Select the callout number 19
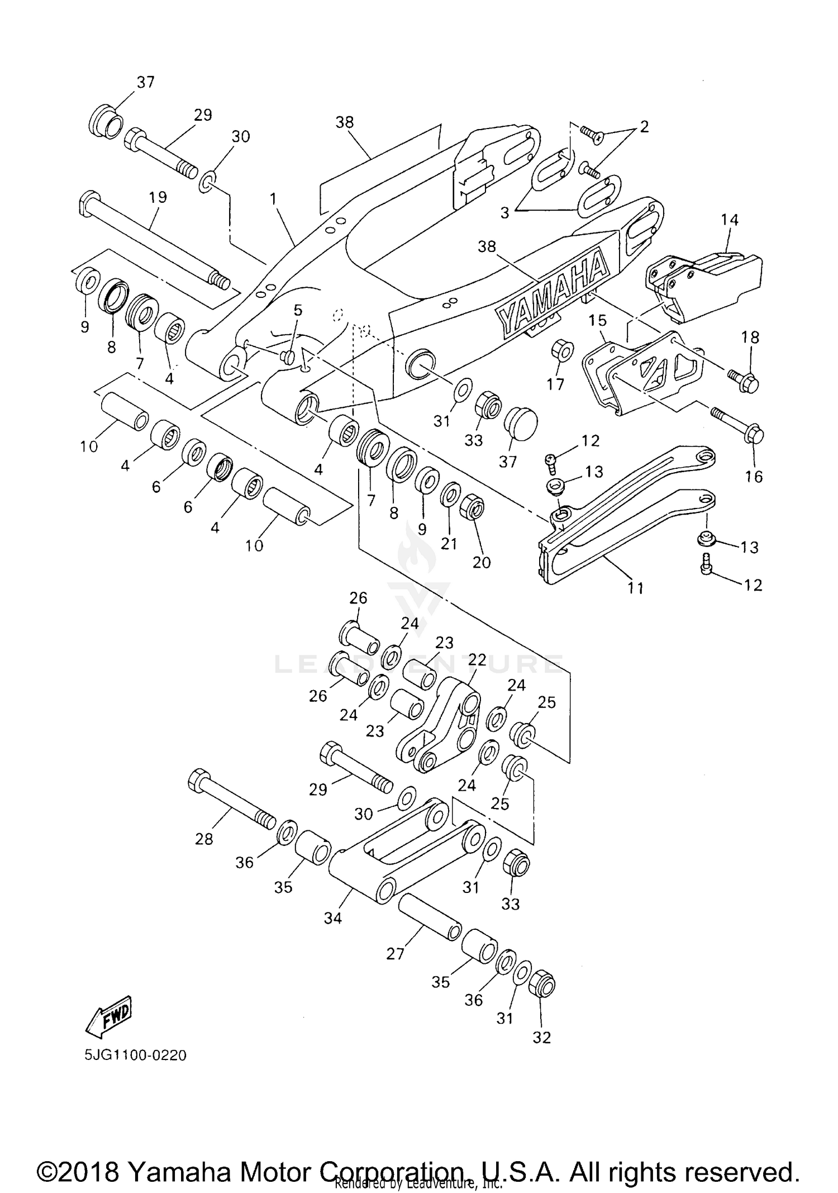pyautogui.click(x=158, y=197)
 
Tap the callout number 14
pyautogui.click(x=730, y=220)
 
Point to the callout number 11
pyautogui.click(x=636, y=588)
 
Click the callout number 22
pyautogui.click(x=477, y=660)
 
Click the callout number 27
pyautogui.click(x=395, y=954)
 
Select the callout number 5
pyautogui.click(x=298, y=310)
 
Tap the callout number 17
pyautogui.click(x=555, y=384)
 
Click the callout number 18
pyautogui.click(x=751, y=338)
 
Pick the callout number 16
pyautogui.click(x=754, y=476)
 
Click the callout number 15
pyautogui.click(x=597, y=321)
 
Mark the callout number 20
pyautogui.click(x=482, y=562)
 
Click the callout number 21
pyautogui.click(x=449, y=544)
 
